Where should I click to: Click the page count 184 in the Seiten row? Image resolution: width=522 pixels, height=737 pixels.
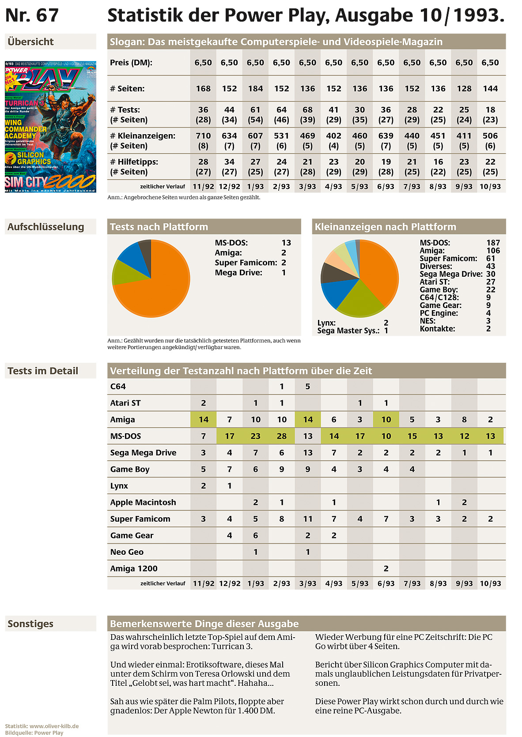(x=255, y=89)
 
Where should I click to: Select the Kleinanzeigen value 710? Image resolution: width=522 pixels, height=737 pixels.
(x=203, y=135)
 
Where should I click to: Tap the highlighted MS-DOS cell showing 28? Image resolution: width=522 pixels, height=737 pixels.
(x=282, y=436)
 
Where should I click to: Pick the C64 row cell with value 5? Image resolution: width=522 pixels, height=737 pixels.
(x=308, y=386)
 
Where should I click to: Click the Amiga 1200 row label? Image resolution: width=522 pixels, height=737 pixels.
(x=134, y=568)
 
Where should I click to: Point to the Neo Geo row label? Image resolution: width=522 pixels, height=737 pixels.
(x=127, y=552)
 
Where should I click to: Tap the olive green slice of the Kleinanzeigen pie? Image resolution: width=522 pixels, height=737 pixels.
(x=360, y=299)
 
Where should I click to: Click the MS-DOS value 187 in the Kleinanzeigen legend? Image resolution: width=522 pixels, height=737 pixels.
(x=493, y=243)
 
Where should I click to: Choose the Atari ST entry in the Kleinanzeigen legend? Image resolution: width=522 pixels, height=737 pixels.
(x=435, y=282)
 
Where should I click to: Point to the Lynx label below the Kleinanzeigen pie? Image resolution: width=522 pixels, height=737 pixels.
(x=326, y=323)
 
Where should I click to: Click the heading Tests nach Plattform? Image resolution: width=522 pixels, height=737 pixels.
(x=159, y=227)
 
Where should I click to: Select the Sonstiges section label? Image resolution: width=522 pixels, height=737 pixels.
(x=30, y=624)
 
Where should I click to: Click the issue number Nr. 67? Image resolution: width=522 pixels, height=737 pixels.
(x=32, y=15)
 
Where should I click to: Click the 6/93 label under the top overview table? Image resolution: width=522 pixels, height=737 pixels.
(x=386, y=187)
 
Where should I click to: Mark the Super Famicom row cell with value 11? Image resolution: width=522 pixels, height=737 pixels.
(x=308, y=519)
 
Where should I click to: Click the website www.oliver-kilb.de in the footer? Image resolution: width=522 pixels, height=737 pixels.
(x=54, y=726)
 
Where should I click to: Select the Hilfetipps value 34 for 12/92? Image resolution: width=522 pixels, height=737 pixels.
(x=229, y=162)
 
